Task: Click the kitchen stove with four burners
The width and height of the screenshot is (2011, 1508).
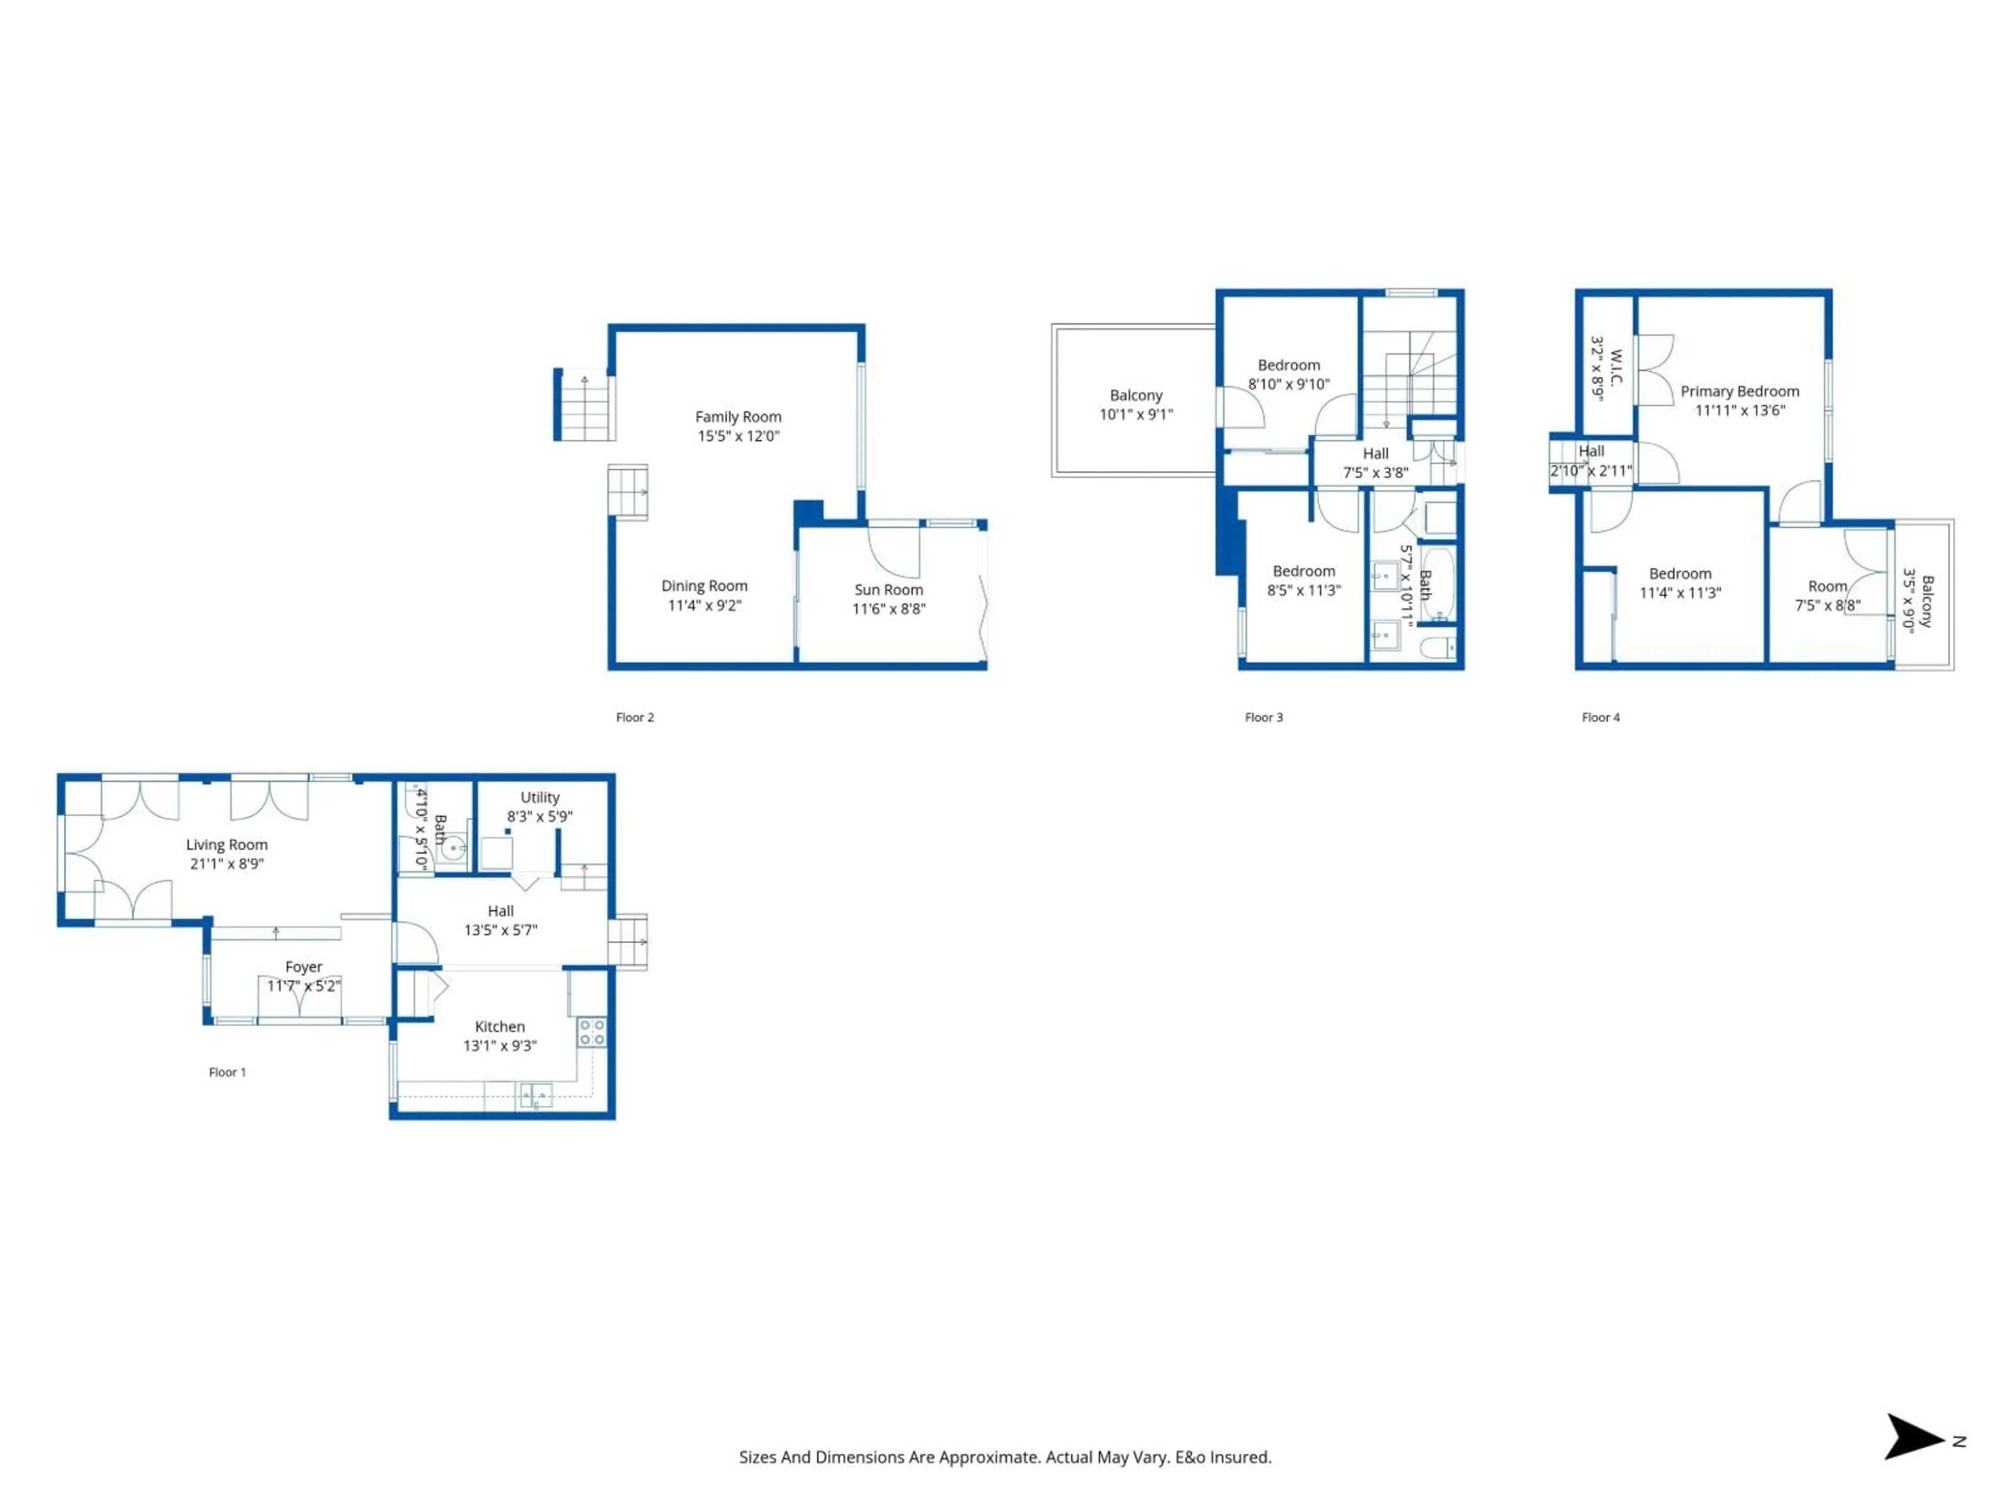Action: coord(592,1032)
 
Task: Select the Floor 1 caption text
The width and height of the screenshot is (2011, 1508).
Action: coord(227,1072)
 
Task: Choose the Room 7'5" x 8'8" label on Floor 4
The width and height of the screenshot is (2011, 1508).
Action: coord(1827,586)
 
